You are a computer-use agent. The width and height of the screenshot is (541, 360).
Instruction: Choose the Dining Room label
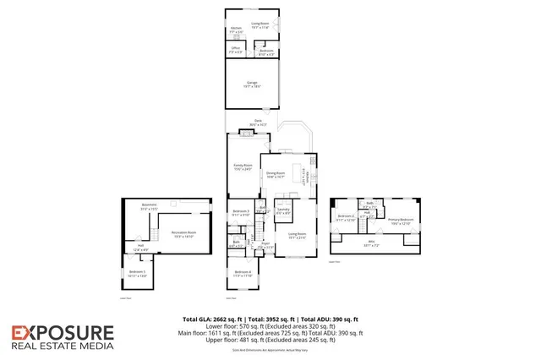tap(276, 175)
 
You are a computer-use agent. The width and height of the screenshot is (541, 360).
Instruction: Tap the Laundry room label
tap(283, 210)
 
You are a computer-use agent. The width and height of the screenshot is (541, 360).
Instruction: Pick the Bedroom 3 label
tap(241, 212)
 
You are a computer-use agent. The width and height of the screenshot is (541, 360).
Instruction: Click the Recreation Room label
tap(183, 234)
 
